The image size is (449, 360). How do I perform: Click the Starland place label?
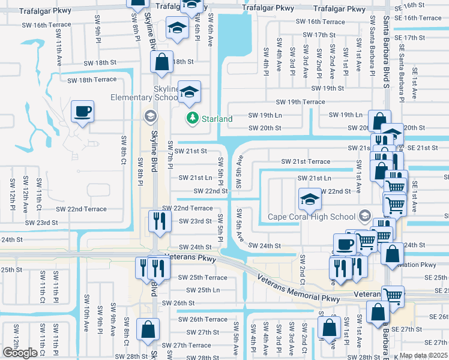[x=217, y=119]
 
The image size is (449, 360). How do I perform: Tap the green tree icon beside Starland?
[x=193, y=119]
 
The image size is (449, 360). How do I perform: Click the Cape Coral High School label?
[x=312, y=217]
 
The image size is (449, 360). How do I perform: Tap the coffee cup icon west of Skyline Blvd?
[x=82, y=111]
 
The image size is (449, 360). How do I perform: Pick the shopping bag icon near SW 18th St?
[x=161, y=61]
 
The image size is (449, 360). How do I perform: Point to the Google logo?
[x=20, y=353]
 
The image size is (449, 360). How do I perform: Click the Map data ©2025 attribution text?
[x=423, y=355]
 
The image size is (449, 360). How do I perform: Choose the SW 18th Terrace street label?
[x=92, y=79]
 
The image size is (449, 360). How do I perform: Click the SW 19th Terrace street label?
[x=300, y=102]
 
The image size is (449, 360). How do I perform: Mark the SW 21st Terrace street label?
[x=306, y=161]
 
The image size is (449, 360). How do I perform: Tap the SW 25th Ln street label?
[x=199, y=290]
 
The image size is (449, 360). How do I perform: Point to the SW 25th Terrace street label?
[x=203, y=277]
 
